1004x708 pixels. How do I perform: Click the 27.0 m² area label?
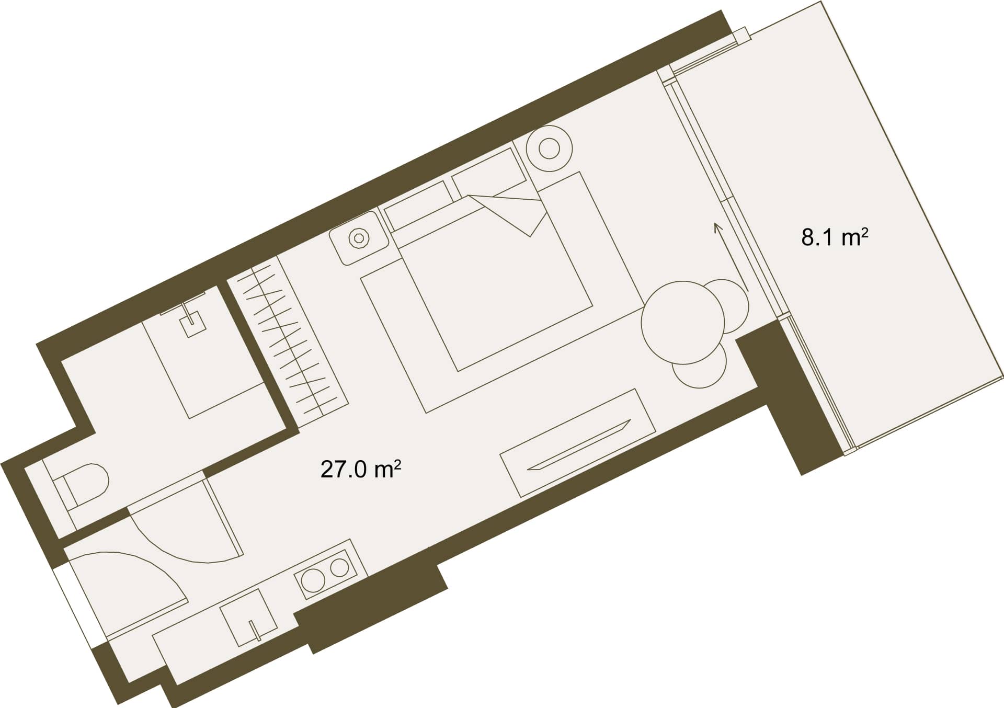pos(360,470)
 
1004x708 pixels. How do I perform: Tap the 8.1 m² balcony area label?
pos(835,238)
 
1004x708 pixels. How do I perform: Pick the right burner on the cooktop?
pos(339,567)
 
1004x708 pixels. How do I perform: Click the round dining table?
pos(683,322)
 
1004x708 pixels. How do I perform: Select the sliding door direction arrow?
pos(731,256)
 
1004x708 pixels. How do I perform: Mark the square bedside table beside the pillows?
pos(359,237)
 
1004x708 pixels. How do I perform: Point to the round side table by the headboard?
pos(549,148)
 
